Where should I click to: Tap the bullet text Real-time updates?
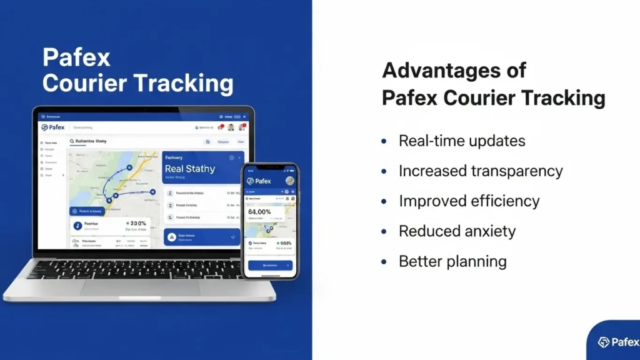tap(461, 141)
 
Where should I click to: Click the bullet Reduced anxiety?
tap(457, 231)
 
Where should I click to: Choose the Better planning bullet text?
tap(452, 261)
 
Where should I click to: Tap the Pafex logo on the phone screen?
tap(259, 181)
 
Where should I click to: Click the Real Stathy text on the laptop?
tap(190, 169)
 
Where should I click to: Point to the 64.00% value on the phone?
tap(260, 212)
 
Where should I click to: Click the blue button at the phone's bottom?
tap(270, 265)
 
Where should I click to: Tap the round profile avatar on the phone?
tap(289, 181)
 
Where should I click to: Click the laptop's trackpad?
tap(140, 287)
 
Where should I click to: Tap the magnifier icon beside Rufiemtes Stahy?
tap(72, 142)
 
